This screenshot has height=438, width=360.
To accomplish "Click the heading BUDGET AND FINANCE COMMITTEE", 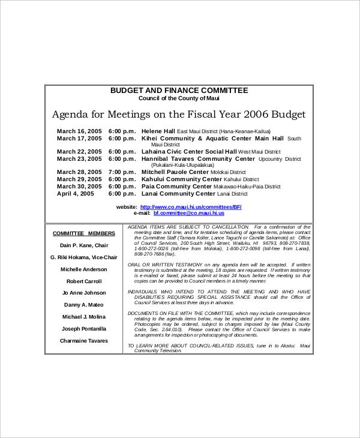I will coord(179,91).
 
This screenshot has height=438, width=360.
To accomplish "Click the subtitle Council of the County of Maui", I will coord(179,98).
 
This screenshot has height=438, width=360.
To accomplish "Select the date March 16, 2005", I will coord(79,131).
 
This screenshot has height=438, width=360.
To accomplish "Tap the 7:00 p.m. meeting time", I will coord(122,172).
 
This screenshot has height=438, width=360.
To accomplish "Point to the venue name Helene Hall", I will coord(158,131).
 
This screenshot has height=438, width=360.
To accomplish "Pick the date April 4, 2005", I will coord(76,194).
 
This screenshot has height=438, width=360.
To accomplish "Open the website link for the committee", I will coord(190,206).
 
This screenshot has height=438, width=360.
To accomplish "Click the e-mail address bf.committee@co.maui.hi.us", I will coord(188,213).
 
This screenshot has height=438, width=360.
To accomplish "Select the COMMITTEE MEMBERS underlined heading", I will coord(83,233).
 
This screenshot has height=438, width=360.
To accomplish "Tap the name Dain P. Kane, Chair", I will coord(83,245).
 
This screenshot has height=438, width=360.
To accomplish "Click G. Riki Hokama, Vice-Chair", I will coord(83,257).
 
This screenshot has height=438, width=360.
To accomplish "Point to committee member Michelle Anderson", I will coord(83,269).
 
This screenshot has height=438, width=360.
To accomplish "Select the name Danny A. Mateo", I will coord(83,305).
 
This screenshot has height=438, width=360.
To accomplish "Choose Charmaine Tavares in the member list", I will coord(83,341).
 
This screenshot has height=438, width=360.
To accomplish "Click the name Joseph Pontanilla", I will coord(83,329).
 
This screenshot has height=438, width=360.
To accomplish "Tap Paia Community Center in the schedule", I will coord(176,187).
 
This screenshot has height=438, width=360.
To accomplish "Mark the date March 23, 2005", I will coord(79,159).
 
